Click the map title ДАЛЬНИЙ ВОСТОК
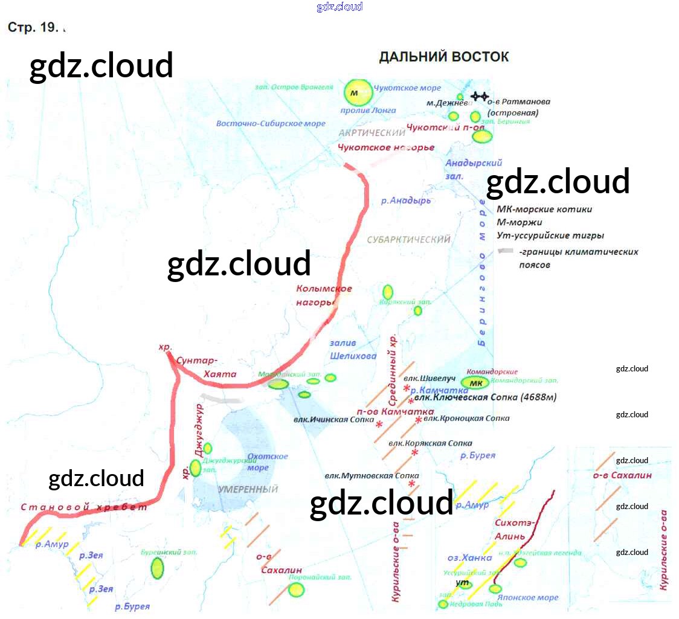pyautogui.click(x=443, y=57)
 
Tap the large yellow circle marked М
pyautogui.click(x=358, y=93)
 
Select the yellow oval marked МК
pyautogui.click(x=475, y=383)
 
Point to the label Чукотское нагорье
pyautogui.click(x=386, y=147)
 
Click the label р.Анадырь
pyautogui.click(x=406, y=200)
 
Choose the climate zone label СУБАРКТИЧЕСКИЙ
pyautogui.click(x=409, y=240)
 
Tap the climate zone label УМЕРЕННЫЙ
pyautogui.click(x=248, y=489)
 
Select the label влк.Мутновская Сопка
pyautogui.click(x=372, y=475)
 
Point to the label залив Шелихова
pyautogui.click(x=353, y=350)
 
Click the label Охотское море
pyautogui.click(x=268, y=462)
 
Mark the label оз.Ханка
pyautogui.click(x=469, y=557)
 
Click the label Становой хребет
pyautogui.click(x=84, y=507)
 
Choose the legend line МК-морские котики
pyautogui.click(x=544, y=210)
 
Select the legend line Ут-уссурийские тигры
pyautogui.click(x=550, y=236)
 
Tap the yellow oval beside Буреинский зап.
pyautogui.click(x=157, y=568)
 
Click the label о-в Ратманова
pyautogui.click(x=519, y=102)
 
